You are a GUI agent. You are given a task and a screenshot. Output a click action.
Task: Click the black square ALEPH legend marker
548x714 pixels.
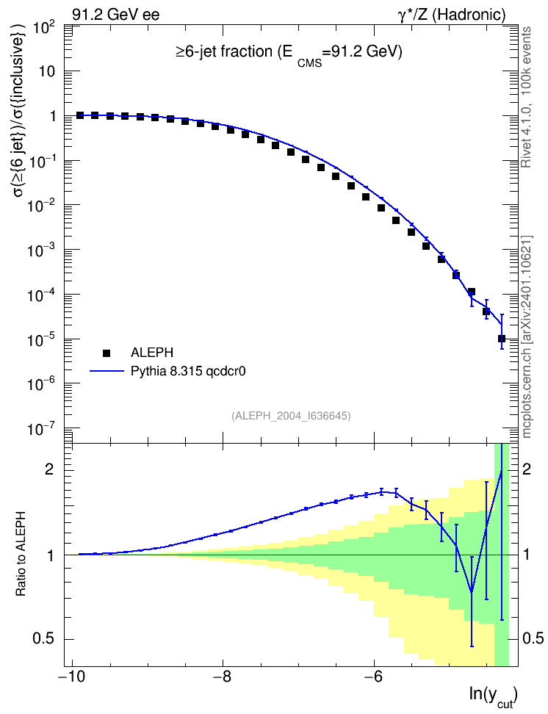pos(107,353)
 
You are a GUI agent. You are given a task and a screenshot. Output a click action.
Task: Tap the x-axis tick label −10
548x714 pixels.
pos(71,677)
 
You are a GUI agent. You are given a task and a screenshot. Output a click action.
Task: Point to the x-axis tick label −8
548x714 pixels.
pos(223,677)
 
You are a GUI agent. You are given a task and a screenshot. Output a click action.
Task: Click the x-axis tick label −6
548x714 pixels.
pos(374,677)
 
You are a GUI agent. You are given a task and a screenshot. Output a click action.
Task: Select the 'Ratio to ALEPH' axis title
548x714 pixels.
pos(21,554)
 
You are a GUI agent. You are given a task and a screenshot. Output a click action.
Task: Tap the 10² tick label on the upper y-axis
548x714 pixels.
pos(45,29)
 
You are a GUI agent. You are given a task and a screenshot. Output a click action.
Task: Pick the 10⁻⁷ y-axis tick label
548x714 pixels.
pos(41,430)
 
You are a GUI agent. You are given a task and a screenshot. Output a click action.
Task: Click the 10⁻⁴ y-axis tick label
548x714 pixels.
pos(41,296)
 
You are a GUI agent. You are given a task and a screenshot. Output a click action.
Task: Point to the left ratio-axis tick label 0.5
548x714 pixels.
pos(44,639)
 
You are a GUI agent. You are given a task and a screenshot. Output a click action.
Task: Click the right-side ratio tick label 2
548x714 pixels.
pos(527,470)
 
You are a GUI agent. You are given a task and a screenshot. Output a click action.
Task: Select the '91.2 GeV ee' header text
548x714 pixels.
pos(116,15)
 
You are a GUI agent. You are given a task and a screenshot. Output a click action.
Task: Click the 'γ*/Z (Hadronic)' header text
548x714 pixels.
pos(452,15)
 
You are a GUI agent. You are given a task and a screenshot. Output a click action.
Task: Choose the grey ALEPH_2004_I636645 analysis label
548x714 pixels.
pos(291,416)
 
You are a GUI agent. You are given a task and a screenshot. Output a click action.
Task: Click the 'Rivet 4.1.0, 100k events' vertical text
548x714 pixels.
pos(526,97)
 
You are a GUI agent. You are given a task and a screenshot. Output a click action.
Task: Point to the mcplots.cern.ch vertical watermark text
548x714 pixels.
pos(527,336)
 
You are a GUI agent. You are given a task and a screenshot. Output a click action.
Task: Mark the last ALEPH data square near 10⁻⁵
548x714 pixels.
pos(502,339)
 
